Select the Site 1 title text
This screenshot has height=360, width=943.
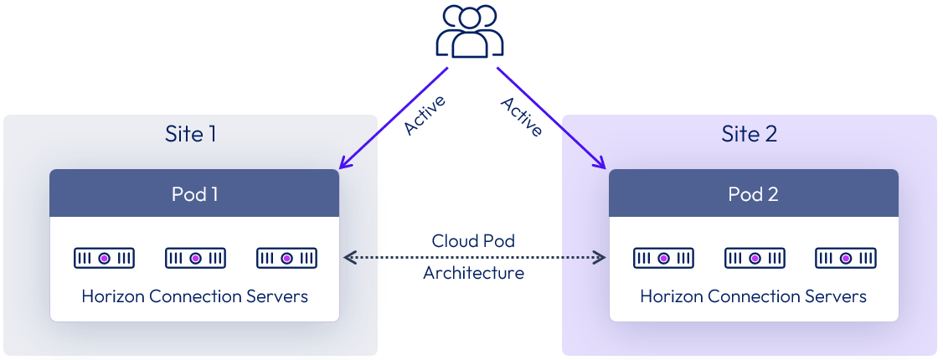click(x=191, y=134)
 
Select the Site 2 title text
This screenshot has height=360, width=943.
click(x=750, y=134)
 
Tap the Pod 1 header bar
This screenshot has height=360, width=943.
click(x=194, y=193)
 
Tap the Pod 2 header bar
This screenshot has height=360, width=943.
click(x=753, y=193)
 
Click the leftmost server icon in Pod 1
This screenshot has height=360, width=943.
click(x=104, y=258)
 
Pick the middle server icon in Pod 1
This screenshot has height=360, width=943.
click(x=195, y=258)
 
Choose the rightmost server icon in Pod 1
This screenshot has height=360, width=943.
click(x=286, y=258)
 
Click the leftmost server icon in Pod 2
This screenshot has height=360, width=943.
click(x=663, y=258)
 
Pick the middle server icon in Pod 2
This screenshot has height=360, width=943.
click(x=754, y=258)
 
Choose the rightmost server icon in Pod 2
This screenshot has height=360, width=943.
click(x=845, y=258)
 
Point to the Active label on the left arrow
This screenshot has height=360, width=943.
click(x=425, y=116)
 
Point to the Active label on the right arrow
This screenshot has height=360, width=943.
click(x=522, y=116)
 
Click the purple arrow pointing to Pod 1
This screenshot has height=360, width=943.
click(x=394, y=118)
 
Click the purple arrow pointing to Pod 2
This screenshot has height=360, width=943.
click(x=551, y=118)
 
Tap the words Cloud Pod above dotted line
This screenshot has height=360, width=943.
click(x=473, y=240)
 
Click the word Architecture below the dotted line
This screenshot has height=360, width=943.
click(x=473, y=273)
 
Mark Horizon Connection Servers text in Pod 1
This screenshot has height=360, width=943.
click(x=194, y=296)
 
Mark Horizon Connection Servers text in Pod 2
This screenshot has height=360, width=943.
click(x=753, y=296)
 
